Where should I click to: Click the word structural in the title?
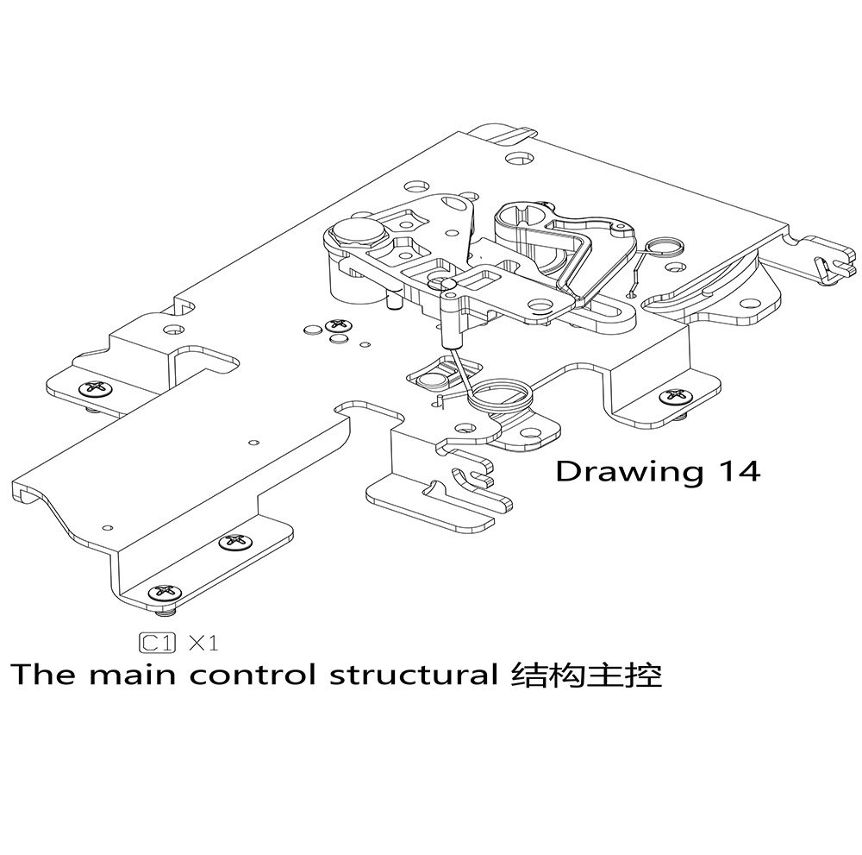[412, 675]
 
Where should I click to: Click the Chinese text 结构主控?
[586, 675]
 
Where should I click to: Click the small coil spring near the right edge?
[664, 247]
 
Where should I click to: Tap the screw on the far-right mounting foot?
[675, 397]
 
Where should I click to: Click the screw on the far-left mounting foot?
[93, 389]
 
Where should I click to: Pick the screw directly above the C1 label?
[164, 593]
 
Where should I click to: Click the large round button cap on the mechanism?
[353, 232]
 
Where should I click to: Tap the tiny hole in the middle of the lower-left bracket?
[253, 443]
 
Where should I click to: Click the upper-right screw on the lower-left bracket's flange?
[234, 542]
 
